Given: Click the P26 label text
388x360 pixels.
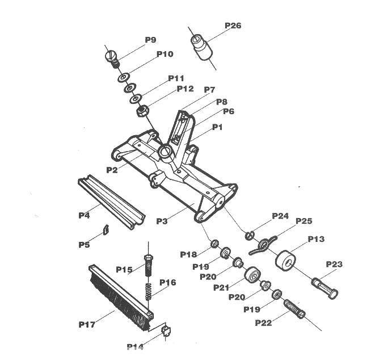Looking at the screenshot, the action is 233,26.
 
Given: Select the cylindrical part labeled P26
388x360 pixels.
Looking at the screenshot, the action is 202,47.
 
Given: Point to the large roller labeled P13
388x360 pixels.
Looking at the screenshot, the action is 285,260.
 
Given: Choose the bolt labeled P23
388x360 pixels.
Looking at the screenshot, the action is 324,288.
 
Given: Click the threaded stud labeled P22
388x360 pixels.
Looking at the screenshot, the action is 294,309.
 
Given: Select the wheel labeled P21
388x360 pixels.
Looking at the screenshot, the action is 252,274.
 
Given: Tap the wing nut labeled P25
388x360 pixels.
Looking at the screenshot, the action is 262,245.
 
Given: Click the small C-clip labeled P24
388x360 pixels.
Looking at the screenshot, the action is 250,236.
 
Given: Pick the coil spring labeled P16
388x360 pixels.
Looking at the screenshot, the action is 148,291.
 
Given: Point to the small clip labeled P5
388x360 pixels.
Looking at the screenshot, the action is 106,229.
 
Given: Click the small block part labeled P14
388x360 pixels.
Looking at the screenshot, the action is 166,330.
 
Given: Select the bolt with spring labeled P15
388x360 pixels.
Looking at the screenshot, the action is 148,266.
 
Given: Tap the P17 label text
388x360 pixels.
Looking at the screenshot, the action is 87,324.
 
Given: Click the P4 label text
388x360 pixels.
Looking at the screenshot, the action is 84,216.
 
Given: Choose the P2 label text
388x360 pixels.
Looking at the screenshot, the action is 112,170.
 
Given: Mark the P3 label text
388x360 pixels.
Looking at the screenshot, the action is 162,221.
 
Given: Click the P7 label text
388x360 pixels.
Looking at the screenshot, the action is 209,90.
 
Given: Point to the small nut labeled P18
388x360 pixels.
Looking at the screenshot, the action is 214,244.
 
